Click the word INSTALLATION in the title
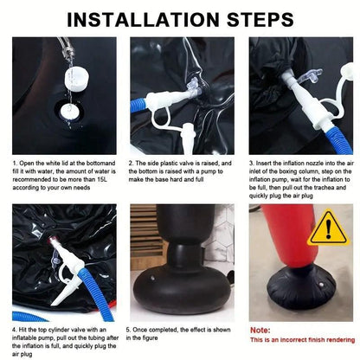tap(144, 20)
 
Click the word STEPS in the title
tap(260, 20)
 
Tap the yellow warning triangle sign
tap(328, 228)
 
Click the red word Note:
tap(260, 331)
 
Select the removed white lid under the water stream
tap(77, 78)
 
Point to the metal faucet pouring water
tap(66, 48)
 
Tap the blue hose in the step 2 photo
tap(138, 105)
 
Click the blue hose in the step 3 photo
tap(340, 140)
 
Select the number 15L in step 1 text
tap(102, 179)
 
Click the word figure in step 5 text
tap(150, 337)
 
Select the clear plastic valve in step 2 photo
tap(194, 87)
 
